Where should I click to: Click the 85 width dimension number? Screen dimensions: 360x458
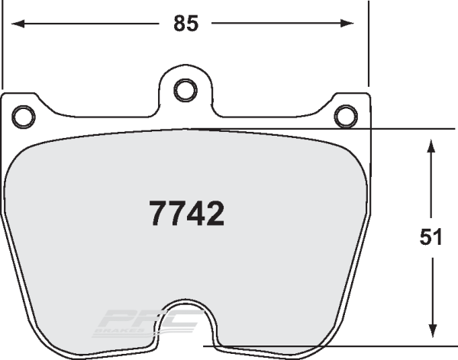185,24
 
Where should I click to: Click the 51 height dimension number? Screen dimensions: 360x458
431,237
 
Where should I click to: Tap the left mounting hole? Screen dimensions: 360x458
24,115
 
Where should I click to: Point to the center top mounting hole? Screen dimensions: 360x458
184,90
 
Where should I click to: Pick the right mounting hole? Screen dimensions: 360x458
346,115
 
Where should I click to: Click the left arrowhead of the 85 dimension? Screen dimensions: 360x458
14,24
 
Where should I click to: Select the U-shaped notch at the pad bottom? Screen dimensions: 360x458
183,320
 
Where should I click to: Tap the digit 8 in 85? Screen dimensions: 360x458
179,24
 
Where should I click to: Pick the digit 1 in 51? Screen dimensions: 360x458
438,237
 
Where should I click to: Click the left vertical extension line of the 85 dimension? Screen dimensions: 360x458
4,46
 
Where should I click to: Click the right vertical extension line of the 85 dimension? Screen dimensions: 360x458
368,46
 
